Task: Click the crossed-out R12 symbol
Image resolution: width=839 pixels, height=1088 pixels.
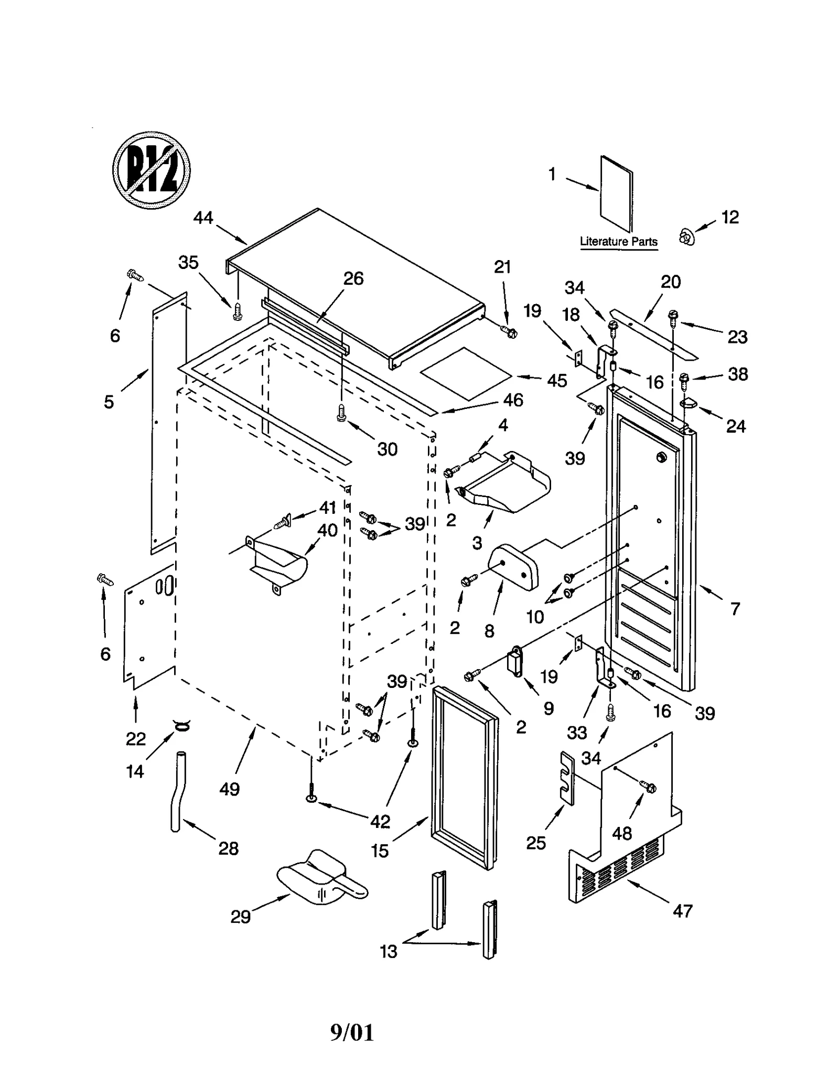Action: [151, 170]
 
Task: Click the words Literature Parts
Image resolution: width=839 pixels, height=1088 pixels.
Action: [618, 242]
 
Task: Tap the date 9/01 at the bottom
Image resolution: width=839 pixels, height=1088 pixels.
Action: [352, 1032]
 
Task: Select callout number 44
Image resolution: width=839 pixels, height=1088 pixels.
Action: [203, 218]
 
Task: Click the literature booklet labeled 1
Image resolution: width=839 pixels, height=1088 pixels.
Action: [616, 193]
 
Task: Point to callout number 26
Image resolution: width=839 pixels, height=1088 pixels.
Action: [353, 278]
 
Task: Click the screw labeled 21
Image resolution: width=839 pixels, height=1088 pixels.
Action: [509, 331]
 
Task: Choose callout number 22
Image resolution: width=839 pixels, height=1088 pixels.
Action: [135, 738]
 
